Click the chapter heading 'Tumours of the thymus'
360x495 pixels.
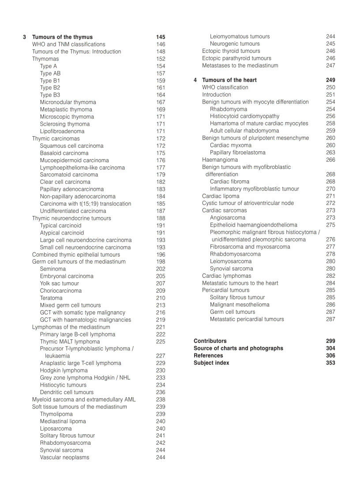click(62, 37)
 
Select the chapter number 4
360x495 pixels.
click(195, 80)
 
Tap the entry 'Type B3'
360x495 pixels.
click(50, 95)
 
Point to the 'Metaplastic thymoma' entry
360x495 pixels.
click(66, 109)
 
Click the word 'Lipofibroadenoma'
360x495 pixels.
click(62, 131)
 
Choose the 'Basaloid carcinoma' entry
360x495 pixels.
click(64, 153)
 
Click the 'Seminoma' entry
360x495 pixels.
click(52, 269)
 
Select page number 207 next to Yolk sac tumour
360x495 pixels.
click(161, 283)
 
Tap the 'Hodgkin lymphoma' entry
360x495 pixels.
click(64, 370)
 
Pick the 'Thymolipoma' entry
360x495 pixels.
click(56, 414)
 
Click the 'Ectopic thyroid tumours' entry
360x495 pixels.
click(231, 51)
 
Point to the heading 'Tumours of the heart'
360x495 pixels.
click(229, 80)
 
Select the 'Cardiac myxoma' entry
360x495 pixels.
click(230, 145)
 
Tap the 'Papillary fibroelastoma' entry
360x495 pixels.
click(237, 153)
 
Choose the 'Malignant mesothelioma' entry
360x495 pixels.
click(240, 305)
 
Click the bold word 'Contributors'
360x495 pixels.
click(210, 341)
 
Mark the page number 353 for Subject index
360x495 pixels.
click(330, 363)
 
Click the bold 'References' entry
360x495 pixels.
click(208, 356)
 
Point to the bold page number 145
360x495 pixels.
click(161, 37)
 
